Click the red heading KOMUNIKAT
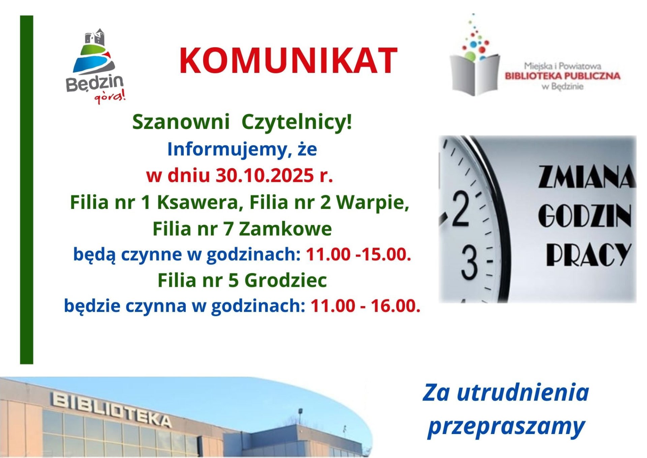[x=288, y=61]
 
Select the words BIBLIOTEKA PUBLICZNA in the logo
[x=562, y=76]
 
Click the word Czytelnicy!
[x=297, y=122]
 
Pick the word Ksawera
[x=201, y=203]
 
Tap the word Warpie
[x=373, y=203]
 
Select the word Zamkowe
[x=285, y=229]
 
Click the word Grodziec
[x=285, y=280]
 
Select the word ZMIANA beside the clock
[x=587, y=177]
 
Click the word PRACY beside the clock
[x=588, y=254]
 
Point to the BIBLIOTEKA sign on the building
[x=111, y=409]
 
